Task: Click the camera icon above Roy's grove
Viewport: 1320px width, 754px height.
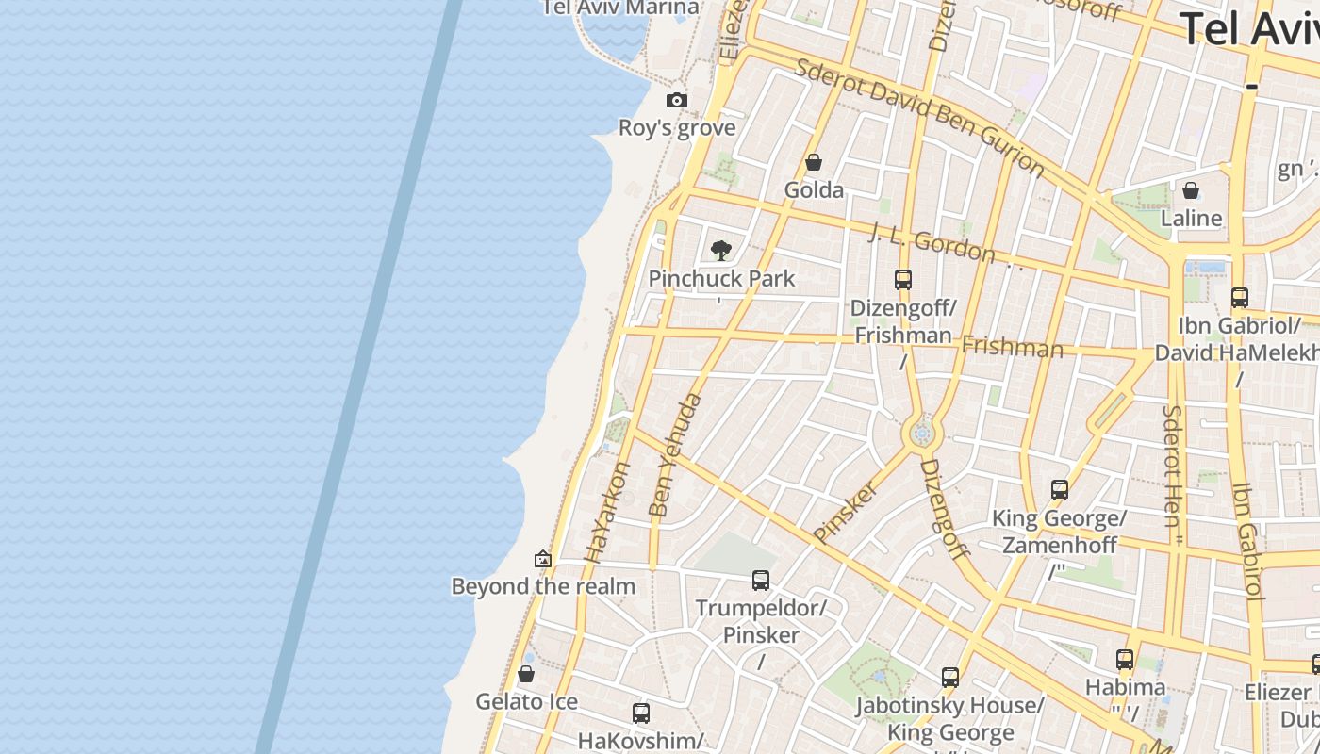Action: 676,100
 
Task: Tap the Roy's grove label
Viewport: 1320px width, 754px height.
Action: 676,127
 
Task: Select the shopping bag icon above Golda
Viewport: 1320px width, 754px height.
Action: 814,162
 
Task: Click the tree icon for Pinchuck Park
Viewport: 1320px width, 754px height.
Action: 721,251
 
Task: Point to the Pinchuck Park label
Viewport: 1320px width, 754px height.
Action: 721,279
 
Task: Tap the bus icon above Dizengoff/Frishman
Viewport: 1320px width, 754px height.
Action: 903,279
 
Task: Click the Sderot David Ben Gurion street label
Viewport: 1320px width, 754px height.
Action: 919,118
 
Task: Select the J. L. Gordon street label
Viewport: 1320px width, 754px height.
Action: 932,243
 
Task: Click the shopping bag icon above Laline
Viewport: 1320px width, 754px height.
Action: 1191,190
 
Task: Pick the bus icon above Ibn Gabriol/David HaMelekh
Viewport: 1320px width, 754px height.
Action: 1240,298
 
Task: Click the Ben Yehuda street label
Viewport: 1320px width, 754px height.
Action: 675,455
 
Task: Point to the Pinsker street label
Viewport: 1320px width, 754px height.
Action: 845,512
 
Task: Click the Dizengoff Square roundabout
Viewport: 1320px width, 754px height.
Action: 922,434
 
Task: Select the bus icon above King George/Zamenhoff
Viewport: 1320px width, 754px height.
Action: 1060,490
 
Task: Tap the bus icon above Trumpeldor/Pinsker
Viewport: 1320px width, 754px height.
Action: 761,581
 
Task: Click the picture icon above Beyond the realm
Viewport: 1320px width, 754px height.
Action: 542,559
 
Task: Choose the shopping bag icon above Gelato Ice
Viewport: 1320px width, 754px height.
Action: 526,674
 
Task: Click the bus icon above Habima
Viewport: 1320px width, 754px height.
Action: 1125,659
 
